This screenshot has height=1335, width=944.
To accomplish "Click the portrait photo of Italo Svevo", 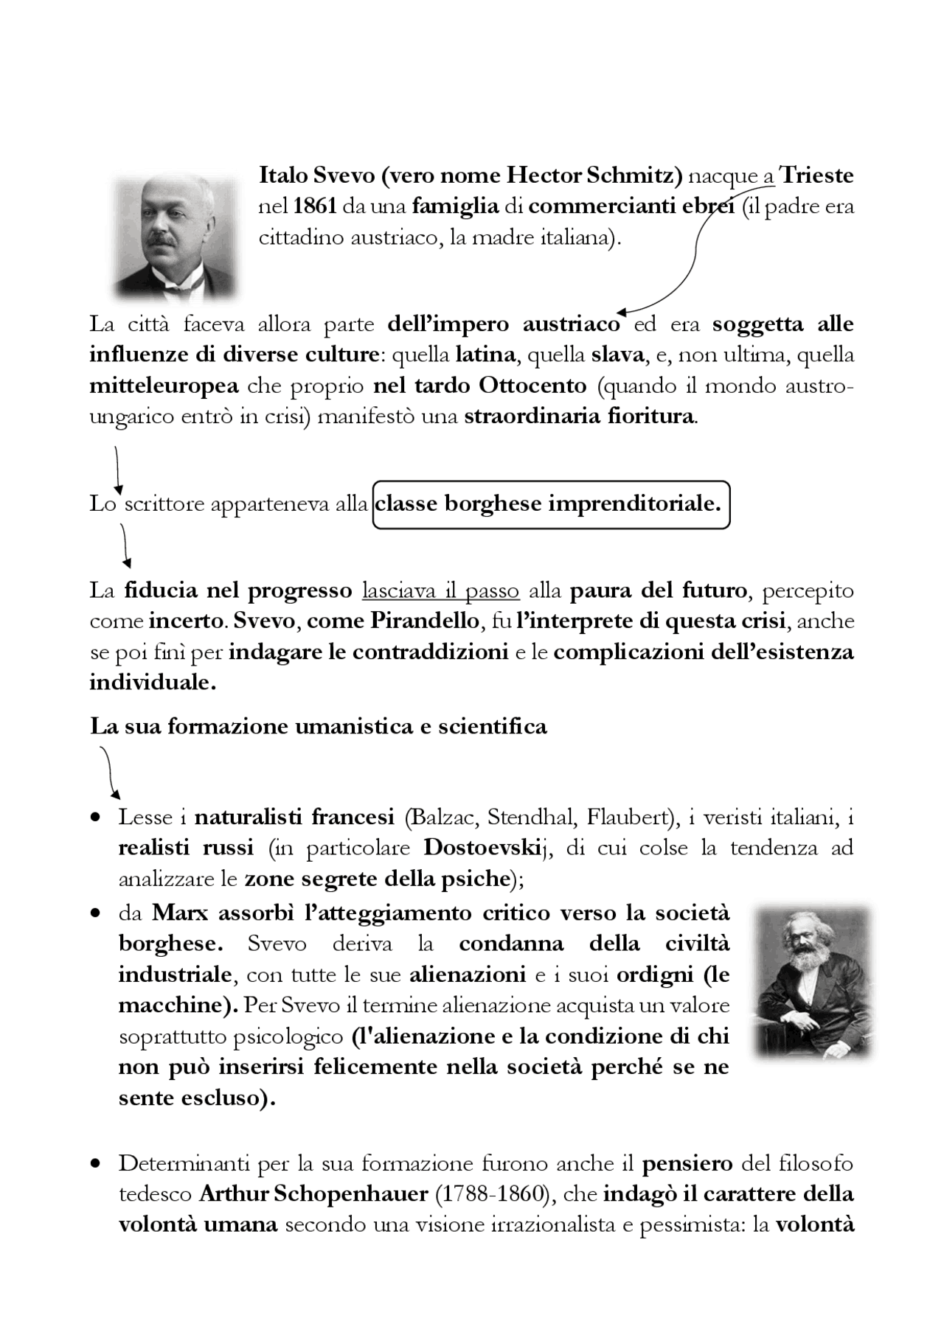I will coord(176,235).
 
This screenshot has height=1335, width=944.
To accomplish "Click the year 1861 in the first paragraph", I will coord(314,207).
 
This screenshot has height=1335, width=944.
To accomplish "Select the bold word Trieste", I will coord(816,176).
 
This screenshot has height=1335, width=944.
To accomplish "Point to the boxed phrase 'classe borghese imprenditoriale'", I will coord(551,505).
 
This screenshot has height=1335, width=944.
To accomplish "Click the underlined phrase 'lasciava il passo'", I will coord(440,591).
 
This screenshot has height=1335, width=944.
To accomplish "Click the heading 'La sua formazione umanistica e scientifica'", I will coord(318,727).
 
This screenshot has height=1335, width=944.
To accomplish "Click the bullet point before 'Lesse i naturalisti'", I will coord(95,818).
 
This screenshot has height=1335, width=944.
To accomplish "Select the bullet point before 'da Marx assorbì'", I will coord(95,914).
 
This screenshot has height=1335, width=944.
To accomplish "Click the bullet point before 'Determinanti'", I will coord(95,1165).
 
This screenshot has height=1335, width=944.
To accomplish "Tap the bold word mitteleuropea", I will coord(164,386).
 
